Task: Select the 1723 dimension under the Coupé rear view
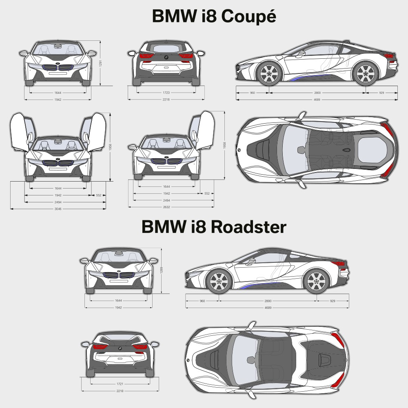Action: [x=166, y=93]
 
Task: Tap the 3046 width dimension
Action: [x=58, y=208]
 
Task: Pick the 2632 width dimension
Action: [x=166, y=207]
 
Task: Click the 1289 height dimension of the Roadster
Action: [x=161, y=270]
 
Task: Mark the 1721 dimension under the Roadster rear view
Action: [x=120, y=384]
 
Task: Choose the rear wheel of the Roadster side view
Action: [x=316, y=282]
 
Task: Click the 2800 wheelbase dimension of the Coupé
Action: [x=317, y=93]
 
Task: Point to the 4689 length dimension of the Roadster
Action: [x=268, y=307]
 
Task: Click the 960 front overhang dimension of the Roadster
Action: [x=202, y=301]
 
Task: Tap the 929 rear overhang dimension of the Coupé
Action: [x=381, y=93]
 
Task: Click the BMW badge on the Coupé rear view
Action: [x=166, y=58]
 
